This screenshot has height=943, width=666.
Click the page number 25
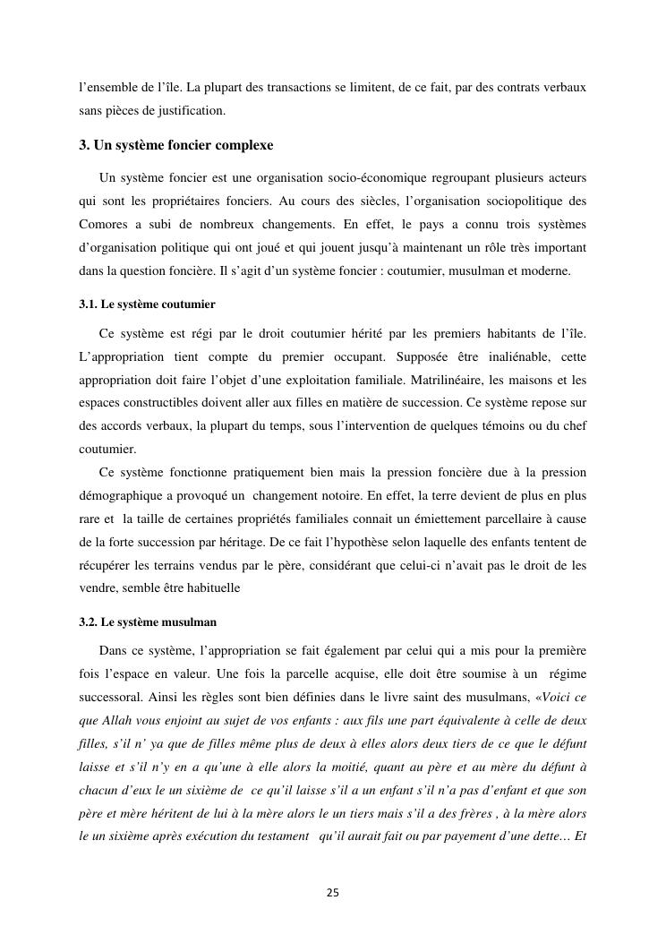[x=332, y=892]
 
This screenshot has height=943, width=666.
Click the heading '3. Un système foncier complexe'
[x=176, y=144]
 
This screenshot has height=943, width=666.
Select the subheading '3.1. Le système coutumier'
[x=147, y=304]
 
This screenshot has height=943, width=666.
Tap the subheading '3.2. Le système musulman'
[x=148, y=622]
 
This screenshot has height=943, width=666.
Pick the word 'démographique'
[x=121, y=496]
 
